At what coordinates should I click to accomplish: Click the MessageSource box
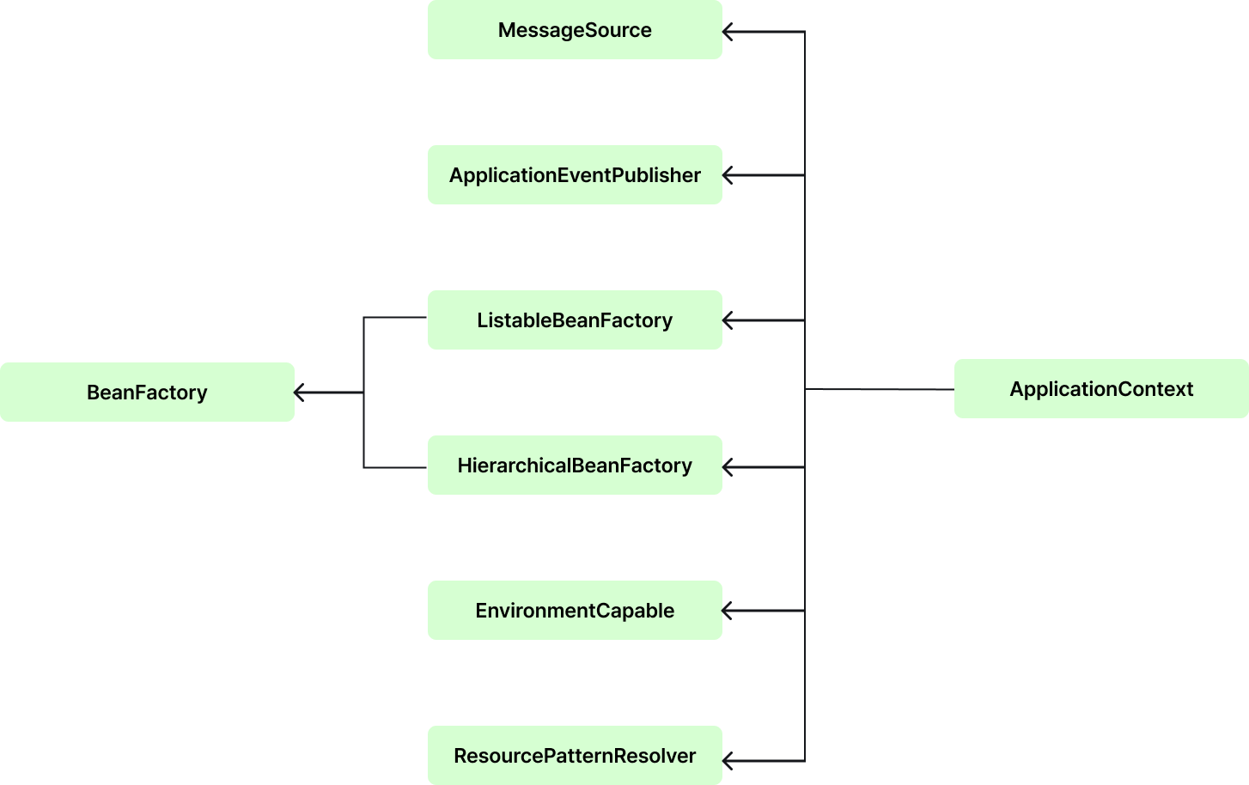(575, 30)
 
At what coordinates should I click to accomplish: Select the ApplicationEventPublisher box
(575, 175)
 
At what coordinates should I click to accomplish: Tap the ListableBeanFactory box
(575, 320)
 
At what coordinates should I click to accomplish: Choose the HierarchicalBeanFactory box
(575, 466)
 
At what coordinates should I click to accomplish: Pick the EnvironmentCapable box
(575, 611)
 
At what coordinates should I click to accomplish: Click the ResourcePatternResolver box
(575, 756)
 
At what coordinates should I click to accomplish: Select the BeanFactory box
(147, 392)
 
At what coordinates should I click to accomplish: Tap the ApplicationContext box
(1101, 389)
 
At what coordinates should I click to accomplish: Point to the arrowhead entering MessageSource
(727, 33)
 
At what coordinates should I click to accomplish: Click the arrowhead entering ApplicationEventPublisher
(727, 175)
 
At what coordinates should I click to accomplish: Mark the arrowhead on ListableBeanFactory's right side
(727, 320)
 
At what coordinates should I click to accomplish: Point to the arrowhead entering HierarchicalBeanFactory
(727, 467)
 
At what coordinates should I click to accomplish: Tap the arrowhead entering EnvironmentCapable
(727, 611)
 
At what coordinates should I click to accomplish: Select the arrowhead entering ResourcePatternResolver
(727, 760)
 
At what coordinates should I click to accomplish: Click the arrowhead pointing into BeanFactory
(299, 392)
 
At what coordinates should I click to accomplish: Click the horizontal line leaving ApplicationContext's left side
(885, 390)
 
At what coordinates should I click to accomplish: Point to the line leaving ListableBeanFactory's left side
(395, 318)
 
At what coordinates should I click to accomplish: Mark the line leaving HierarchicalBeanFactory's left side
(395, 467)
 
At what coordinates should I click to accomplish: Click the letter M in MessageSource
(506, 30)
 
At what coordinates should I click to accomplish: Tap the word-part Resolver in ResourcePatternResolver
(661, 756)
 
